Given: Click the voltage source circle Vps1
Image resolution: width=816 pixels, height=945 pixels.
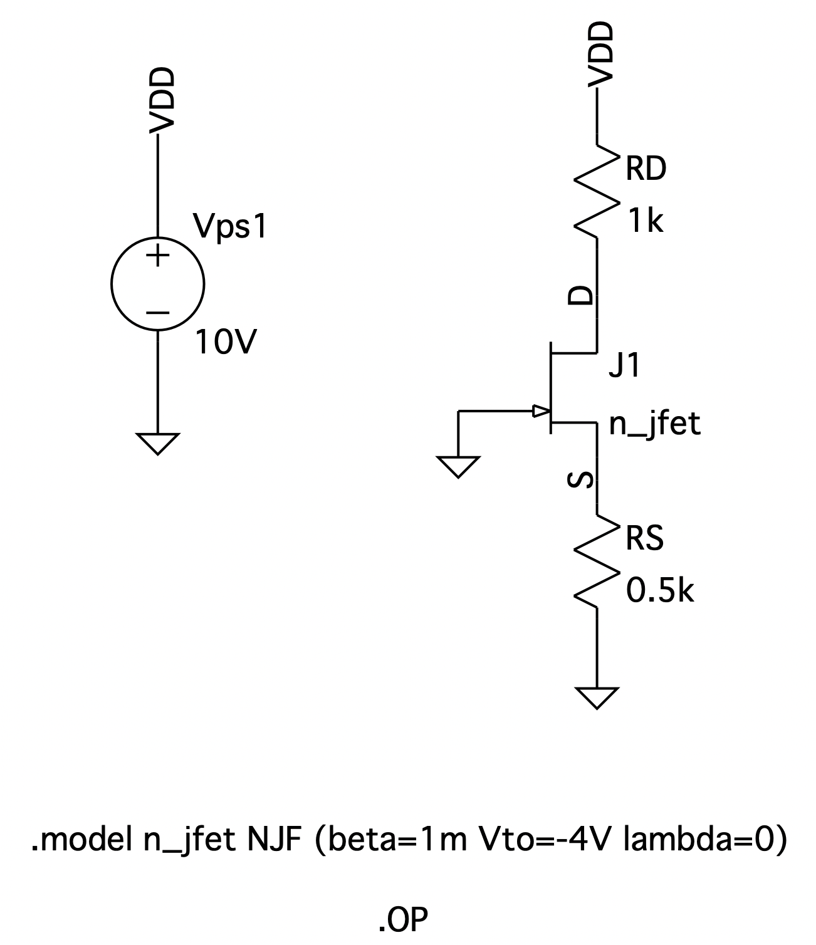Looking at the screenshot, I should point(157,284).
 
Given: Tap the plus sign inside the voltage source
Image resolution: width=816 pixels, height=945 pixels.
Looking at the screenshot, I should point(158,256).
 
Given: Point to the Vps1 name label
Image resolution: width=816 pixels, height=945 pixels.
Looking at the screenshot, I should point(230,227).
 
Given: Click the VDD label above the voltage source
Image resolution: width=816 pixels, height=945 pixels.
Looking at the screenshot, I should point(161,100).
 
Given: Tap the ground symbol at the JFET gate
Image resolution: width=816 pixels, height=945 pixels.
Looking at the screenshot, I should point(459,466).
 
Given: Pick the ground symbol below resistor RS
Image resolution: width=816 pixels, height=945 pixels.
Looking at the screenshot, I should point(597,697).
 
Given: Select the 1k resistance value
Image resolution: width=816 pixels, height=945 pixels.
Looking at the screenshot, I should point(645,221).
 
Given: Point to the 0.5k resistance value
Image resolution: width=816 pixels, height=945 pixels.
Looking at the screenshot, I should point(660,590).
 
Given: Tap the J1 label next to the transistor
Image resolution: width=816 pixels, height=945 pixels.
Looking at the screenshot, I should point(625,366).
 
